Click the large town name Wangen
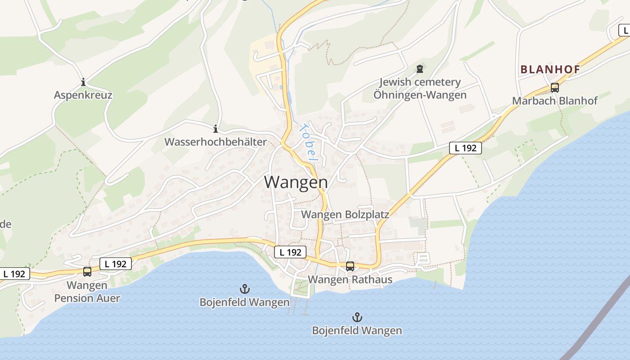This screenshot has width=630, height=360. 296,182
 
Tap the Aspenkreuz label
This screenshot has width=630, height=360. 83,95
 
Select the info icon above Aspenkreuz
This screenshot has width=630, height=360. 83,82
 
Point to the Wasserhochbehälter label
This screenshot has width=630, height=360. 215,142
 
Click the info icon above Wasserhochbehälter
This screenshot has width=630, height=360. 216,129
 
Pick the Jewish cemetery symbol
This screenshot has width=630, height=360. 420,69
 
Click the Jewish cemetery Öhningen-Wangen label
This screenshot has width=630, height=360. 420,89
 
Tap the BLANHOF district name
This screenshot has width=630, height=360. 550,69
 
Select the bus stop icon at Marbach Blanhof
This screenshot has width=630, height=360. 554,88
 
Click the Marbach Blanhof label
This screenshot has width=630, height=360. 554,100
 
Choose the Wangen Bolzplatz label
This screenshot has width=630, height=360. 345,214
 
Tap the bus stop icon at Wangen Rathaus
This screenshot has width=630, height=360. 350,266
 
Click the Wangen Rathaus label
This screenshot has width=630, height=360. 350,279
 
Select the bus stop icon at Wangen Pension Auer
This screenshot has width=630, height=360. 87,272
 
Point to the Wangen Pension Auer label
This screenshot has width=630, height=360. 87,292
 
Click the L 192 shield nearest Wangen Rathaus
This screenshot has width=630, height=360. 290,252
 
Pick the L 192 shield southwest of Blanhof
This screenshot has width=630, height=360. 465,148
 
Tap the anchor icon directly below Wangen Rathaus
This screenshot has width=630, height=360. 357,317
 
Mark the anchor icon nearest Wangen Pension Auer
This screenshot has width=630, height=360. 244,289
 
